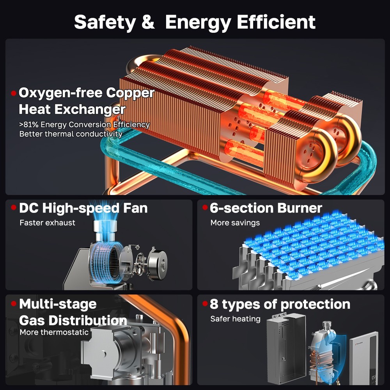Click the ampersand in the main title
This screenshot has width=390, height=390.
(x=148, y=22)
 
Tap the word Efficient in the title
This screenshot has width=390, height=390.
(x=276, y=22)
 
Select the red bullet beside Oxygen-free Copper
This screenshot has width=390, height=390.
(x=14, y=93)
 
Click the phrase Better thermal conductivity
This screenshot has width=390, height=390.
(x=71, y=134)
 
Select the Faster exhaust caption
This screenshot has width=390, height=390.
(x=47, y=223)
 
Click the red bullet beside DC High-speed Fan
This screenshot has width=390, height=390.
(x=14, y=207)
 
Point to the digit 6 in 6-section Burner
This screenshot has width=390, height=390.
(x=214, y=208)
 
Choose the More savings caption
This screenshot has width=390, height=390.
(x=235, y=223)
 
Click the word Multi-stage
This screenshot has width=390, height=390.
(x=58, y=304)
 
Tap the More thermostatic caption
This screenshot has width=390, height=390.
(x=54, y=332)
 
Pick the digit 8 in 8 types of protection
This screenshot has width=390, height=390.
(x=214, y=304)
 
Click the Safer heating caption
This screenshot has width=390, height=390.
(x=235, y=319)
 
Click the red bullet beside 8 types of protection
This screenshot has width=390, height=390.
(x=205, y=303)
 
